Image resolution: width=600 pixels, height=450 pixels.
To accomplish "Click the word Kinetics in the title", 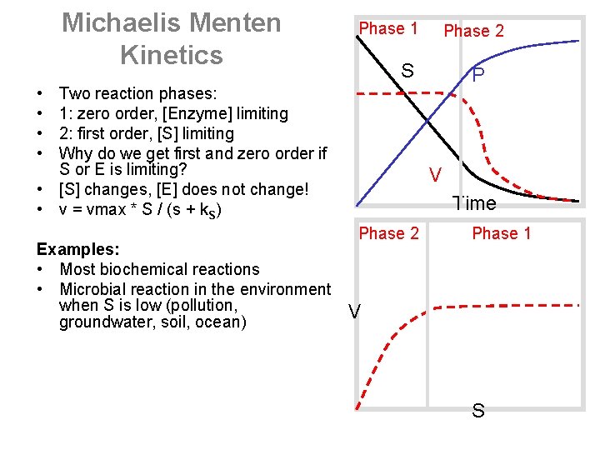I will (x=172, y=55).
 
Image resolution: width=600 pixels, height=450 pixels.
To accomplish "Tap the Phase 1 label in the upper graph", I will (x=387, y=29).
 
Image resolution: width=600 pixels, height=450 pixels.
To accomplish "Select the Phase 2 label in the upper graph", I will (x=473, y=31).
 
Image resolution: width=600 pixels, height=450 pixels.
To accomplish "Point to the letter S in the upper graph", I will (x=407, y=71).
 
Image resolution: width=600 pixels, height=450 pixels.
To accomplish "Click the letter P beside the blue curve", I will (x=478, y=76).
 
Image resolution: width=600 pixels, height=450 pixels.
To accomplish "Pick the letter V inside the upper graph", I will (x=435, y=175).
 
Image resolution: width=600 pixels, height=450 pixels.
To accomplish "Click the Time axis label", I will (x=474, y=203).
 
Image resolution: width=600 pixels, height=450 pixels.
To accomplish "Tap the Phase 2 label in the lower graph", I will (x=388, y=233).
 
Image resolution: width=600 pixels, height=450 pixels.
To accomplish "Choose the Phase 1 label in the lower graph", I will (x=501, y=233).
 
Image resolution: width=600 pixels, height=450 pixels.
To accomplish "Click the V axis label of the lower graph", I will (x=355, y=312).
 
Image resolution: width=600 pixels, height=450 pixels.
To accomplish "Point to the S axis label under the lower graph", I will (x=478, y=411).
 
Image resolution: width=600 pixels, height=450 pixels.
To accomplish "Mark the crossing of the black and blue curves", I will (x=427, y=122).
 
